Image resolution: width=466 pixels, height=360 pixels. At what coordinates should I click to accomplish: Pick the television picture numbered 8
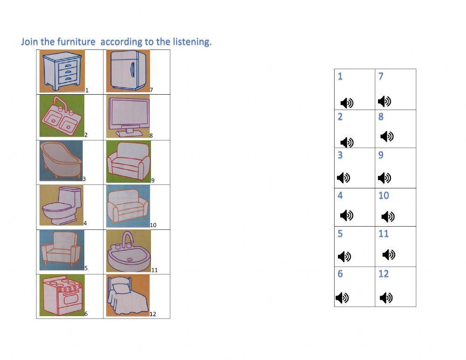[128, 116]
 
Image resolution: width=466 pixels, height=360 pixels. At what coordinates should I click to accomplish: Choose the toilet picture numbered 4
[62, 205]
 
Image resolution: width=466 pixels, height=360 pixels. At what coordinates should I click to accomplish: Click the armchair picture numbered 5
[61, 250]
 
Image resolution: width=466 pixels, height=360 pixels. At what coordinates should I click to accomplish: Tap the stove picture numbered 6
[62, 295]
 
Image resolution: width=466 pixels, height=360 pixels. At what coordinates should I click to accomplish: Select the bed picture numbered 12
[127, 296]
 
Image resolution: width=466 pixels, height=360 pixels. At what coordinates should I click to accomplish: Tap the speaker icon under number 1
[347, 103]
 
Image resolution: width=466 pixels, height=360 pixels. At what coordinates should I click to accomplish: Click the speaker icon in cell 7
[384, 101]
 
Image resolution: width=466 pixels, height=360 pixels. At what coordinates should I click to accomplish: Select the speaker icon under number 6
[342, 298]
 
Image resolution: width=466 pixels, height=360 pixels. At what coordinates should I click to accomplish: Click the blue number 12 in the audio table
[384, 274]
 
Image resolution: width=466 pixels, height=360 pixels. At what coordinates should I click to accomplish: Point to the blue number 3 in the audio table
[340, 155]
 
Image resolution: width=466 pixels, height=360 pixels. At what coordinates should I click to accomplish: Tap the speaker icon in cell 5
[344, 256]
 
